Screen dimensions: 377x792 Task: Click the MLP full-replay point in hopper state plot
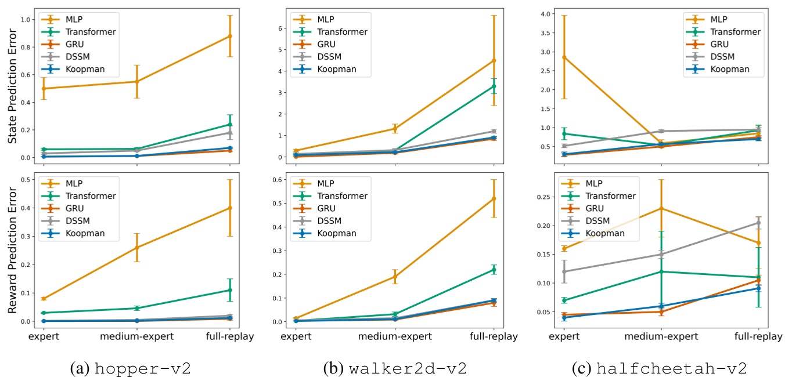point(230,36)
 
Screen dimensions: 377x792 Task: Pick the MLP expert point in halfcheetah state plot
point(564,57)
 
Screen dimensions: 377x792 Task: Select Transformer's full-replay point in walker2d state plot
point(494,86)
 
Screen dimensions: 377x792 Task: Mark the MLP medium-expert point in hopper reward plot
point(136,248)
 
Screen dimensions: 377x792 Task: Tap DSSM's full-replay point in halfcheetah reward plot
point(758,223)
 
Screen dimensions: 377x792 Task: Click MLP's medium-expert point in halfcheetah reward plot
point(661,208)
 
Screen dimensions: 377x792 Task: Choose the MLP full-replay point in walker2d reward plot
point(494,198)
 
